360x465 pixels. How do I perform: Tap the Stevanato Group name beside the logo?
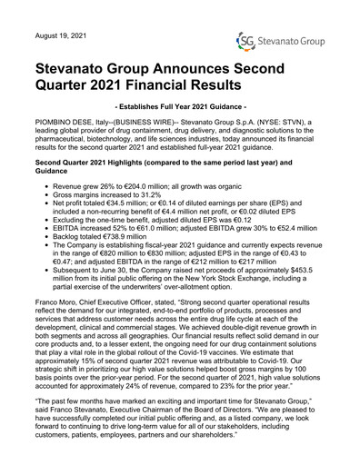pos(297,40)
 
